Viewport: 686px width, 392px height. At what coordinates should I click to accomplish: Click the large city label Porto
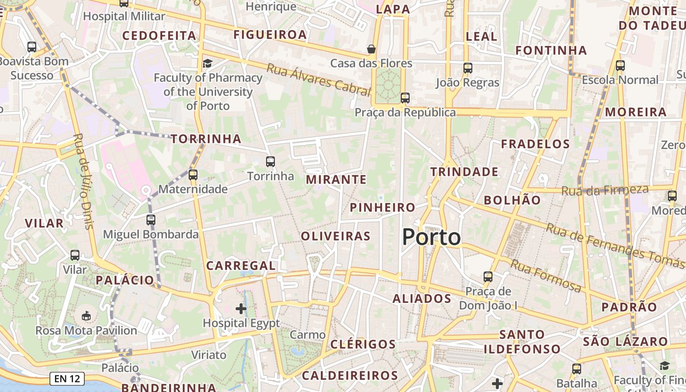(431, 238)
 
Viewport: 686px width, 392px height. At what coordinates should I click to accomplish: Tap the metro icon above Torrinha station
(270, 161)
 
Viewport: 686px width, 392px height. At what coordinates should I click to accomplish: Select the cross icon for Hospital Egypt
(241, 308)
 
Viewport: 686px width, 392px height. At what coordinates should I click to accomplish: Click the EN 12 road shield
(67, 378)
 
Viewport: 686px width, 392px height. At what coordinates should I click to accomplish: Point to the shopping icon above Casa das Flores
(371, 49)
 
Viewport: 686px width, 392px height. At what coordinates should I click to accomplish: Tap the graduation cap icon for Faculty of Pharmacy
(208, 63)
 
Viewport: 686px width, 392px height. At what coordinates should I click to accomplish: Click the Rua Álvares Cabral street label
(318, 78)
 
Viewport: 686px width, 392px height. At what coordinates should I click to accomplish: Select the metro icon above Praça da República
(405, 98)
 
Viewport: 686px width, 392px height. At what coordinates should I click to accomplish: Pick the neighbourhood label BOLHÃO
(512, 200)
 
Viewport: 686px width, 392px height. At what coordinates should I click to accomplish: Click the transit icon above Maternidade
(193, 174)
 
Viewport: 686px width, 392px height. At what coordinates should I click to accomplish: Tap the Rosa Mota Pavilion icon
(86, 316)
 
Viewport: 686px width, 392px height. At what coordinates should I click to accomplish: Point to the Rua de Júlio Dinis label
(83, 181)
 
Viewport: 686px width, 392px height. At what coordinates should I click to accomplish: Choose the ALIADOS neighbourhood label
(422, 298)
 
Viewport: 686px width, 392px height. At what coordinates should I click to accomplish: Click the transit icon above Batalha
(577, 368)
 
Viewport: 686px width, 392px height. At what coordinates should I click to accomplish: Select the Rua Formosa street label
(546, 276)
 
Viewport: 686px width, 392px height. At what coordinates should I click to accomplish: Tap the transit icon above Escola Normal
(620, 65)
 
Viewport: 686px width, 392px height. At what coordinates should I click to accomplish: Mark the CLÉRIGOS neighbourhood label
(363, 344)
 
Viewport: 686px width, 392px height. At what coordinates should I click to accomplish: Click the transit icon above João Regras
(467, 68)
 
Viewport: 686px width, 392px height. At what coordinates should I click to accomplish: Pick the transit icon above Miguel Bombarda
(150, 220)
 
